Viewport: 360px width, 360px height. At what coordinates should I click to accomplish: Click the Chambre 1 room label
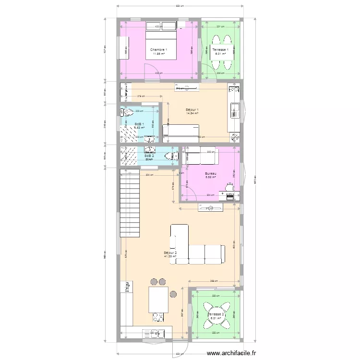coord(158,50)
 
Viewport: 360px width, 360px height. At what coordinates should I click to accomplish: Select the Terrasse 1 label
coord(220,50)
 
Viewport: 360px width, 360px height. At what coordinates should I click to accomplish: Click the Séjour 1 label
coord(192,110)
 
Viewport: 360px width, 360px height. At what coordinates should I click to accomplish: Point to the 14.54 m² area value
coord(192,114)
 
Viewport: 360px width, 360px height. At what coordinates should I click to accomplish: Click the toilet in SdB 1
coord(127,113)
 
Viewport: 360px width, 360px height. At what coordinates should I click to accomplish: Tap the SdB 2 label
coord(149,156)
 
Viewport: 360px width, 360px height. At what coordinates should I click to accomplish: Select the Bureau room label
coord(210,174)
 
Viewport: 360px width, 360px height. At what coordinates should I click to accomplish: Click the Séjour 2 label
coord(170,252)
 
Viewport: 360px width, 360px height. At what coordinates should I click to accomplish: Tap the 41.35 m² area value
coord(170,256)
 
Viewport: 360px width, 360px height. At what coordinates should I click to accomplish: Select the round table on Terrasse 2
coord(215,312)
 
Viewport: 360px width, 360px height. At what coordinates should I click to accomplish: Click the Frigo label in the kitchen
coord(128,287)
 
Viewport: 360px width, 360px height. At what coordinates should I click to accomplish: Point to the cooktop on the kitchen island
coord(158,317)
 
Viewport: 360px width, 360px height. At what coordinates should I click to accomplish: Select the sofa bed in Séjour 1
coord(181,132)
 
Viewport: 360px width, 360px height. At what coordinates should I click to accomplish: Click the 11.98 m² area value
coord(158,54)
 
